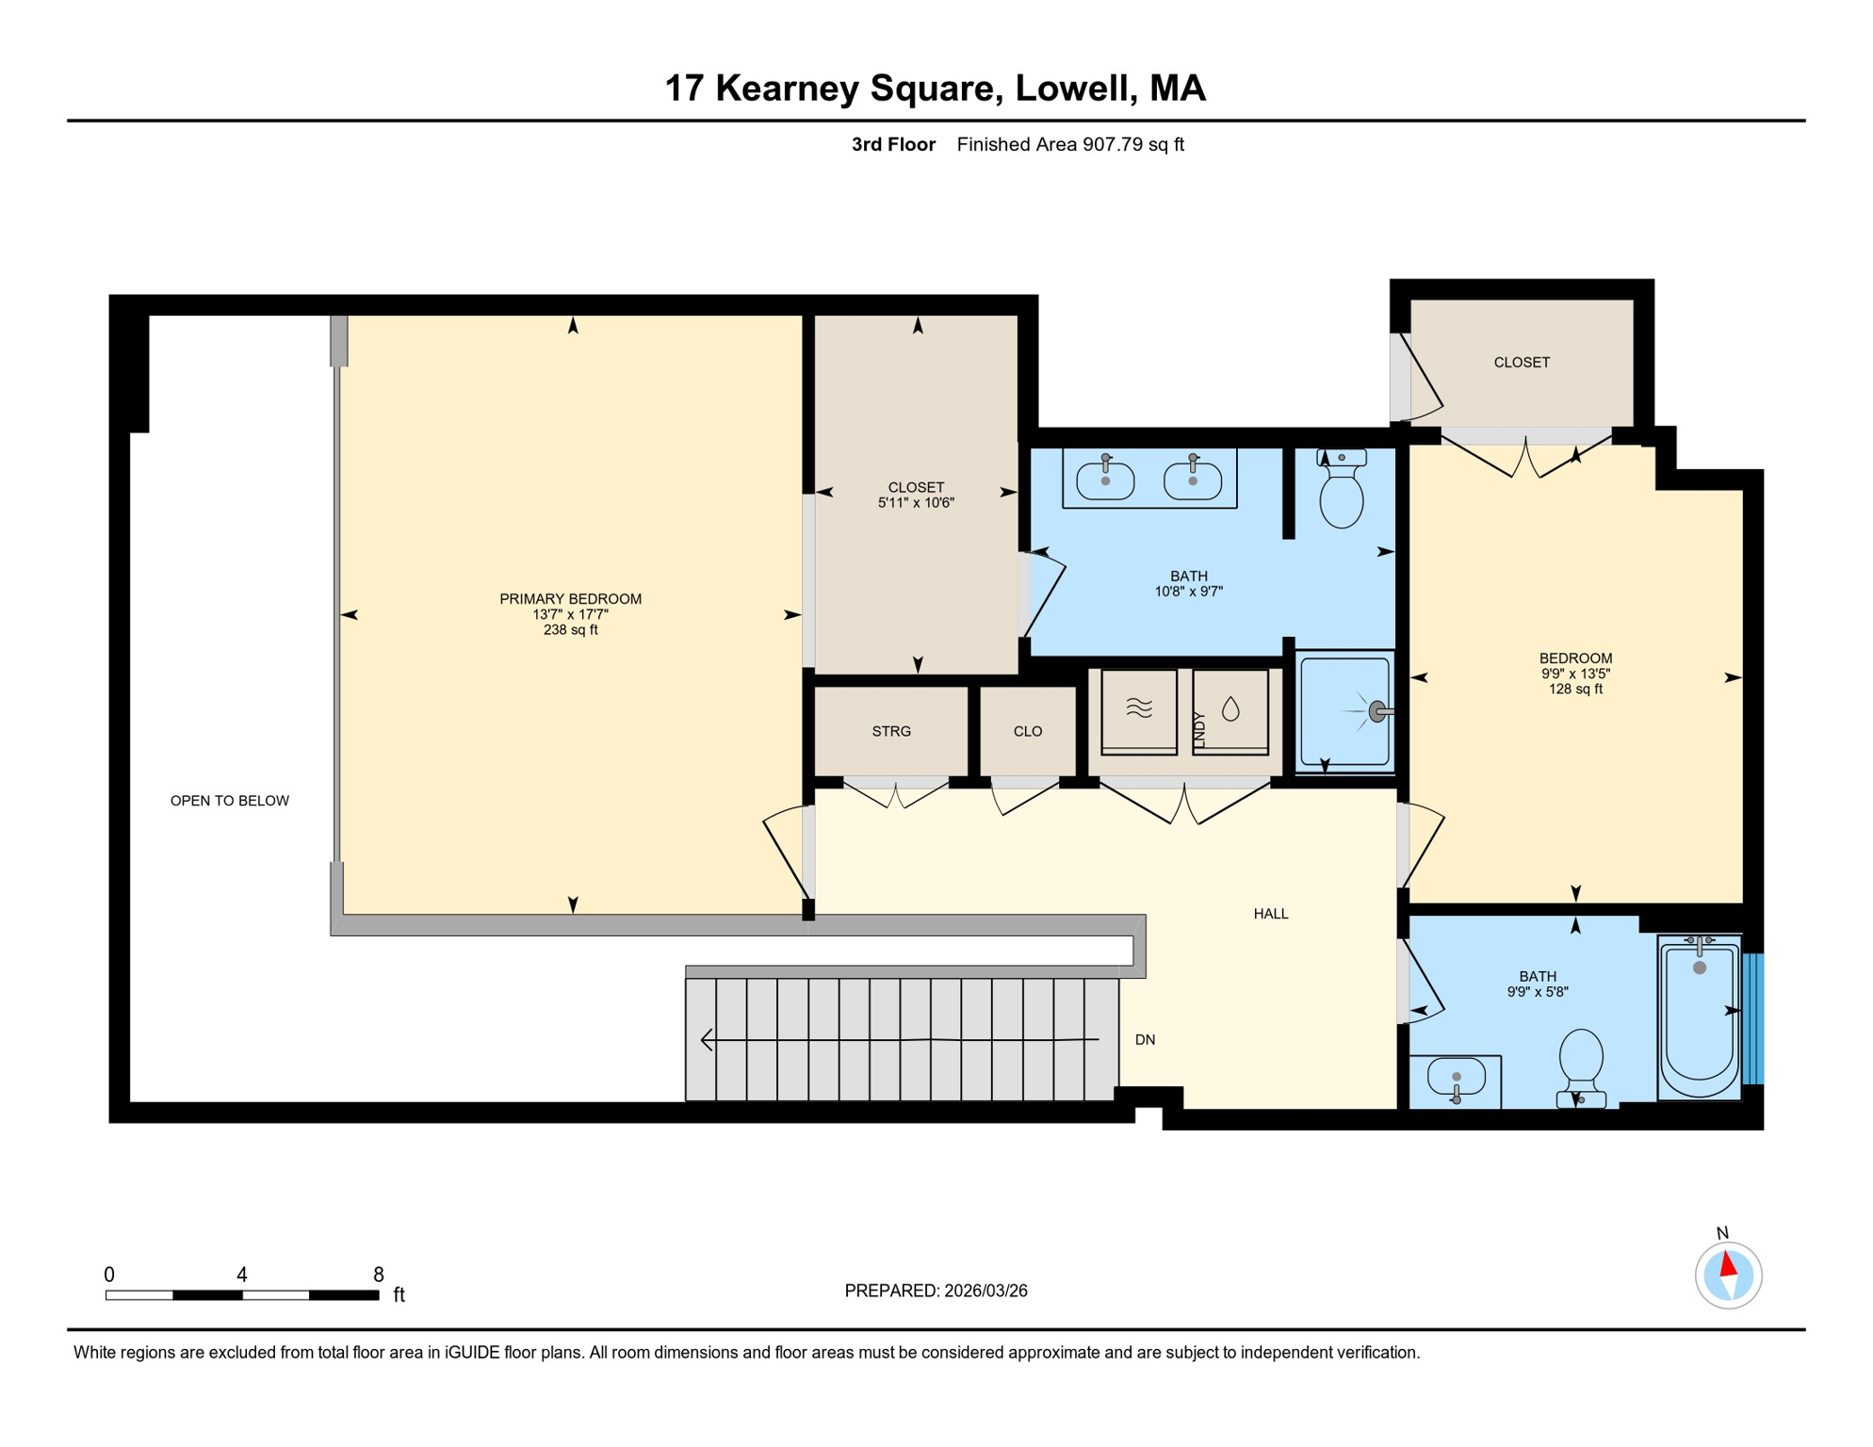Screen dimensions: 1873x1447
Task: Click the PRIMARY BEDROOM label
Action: click(x=570, y=599)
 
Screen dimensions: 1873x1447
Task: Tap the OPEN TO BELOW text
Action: click(x=229, y=801)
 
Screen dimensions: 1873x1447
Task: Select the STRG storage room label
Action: click(x=891, y=731)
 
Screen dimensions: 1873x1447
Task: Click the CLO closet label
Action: click(x=1028, y=731)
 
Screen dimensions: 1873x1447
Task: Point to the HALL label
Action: click(x=1271, y=914)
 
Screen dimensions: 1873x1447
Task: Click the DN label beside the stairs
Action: click(x=1145, y=1040)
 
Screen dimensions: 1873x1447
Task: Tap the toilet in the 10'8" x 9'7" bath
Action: click(x=1342, y=489)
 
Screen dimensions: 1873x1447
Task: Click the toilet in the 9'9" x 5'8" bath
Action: click(x=1581, y=1068)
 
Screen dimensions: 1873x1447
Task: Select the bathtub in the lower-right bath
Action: click(x=1700, y=1017)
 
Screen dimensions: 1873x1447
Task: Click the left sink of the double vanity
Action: click(x=1105, y=478)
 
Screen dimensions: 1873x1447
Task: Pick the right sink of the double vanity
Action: click(x=1193, y=478)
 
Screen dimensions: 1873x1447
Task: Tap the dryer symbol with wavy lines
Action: click(x=1139, y=711)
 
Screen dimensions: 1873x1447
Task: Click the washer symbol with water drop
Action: click(x=1230, y=711)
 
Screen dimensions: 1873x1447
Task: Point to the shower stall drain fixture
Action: click(x=1378, y=711)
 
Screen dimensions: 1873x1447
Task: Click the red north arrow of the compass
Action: click(x=1728, y=1263)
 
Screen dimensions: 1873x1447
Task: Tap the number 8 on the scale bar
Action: click(x=379, y=1275)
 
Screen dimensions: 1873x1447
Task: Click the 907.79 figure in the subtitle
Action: click(x=1113, y=144)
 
